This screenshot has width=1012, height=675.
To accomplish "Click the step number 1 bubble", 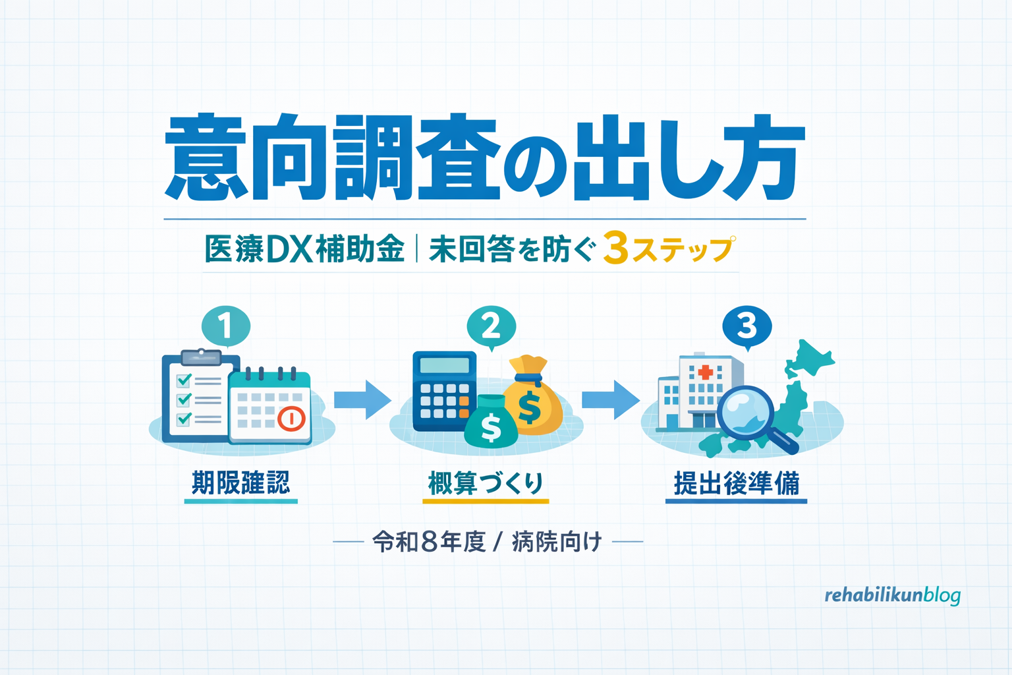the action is (226, 326).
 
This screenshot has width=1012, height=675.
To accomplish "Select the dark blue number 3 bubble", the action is (746, 326).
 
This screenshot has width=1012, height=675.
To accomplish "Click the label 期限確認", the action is (240, 483).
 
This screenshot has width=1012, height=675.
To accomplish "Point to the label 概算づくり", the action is (486, 483).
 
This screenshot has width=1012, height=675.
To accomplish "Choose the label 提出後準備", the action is (737, 483).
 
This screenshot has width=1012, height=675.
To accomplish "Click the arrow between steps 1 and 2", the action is (363, 399).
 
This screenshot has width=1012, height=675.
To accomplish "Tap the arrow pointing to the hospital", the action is (611, 399).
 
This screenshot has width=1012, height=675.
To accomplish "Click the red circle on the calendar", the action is (291, 418).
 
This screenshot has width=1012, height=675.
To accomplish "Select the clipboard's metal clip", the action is (201, 357).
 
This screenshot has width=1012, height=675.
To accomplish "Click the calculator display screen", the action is (445, 365).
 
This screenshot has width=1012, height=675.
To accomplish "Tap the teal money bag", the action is (491, 421).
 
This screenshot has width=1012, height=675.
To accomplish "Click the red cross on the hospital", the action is (706, 372).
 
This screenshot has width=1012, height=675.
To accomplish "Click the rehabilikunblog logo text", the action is (892, 595).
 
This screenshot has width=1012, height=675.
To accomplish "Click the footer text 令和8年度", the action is (429, 542).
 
